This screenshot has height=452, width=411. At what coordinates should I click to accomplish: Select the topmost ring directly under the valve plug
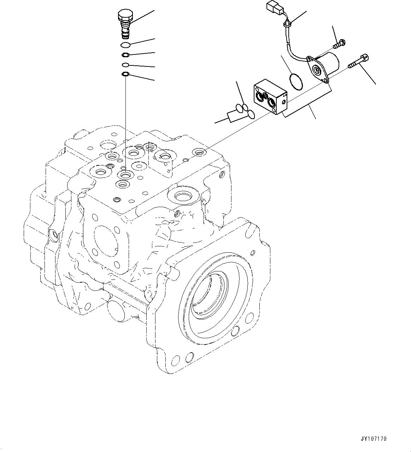pos(125,45)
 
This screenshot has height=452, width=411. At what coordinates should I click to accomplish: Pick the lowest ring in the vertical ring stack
pos(125,74)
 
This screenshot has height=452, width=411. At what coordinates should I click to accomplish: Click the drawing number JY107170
pos(374,439)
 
